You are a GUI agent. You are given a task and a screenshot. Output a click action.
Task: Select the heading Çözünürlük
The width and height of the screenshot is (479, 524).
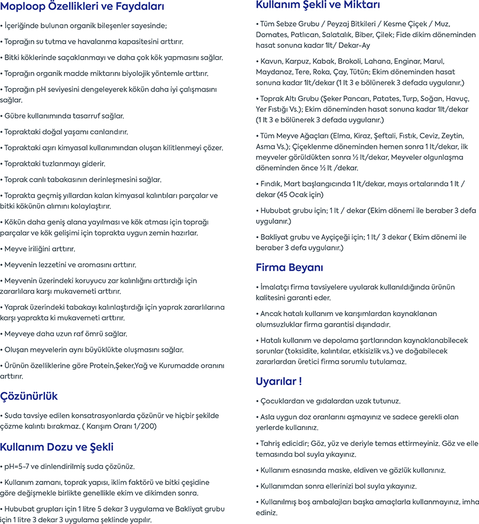pyautogui.click(x=30, y=396)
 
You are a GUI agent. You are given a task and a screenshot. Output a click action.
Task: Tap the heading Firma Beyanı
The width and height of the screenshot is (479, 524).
pyautogui.click(x=289, y=266)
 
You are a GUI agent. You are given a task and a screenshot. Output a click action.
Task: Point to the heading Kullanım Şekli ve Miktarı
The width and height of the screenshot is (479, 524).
pyautogui.click(x=318, y=5)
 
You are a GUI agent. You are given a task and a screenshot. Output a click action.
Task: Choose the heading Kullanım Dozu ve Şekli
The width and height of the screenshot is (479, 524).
pyautogui.click(x=57, y=447)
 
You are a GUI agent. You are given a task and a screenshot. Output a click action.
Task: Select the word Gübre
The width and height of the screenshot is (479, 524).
pyautogui.click(x=17, y=116)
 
